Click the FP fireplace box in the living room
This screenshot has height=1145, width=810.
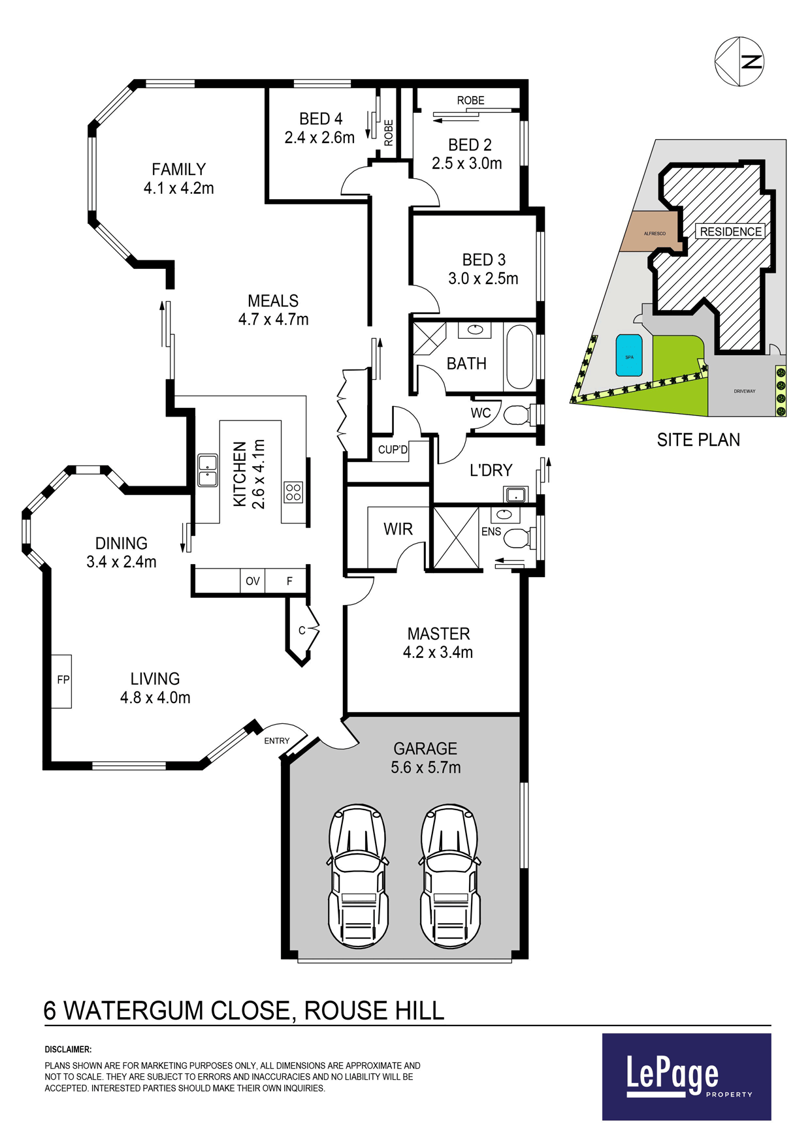pos(61,681)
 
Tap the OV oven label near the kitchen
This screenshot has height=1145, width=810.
pos(253,581)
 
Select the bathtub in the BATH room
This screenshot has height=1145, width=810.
pos(520,357)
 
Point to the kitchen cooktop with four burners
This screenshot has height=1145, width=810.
pos(293,492)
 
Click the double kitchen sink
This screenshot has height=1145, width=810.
pos(208,470)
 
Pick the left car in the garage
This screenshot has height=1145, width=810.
pos(357,876)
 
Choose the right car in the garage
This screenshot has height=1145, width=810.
pos(450,876)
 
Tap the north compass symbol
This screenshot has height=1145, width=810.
pos(739,61)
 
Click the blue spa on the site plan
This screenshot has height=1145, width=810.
pos(629,356)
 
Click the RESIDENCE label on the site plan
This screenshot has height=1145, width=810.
pos(731,232)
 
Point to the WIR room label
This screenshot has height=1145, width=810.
pos(398,529)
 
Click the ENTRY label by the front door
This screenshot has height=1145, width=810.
pos(276,741)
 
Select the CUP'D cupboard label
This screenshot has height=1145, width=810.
pos(393,450)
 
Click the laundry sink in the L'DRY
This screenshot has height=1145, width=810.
pos(516,494)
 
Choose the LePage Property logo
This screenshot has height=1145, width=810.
pos(687,1076)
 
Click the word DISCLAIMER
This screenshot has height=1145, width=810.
pos(68,1050)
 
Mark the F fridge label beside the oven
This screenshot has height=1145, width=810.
pos(289,581)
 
